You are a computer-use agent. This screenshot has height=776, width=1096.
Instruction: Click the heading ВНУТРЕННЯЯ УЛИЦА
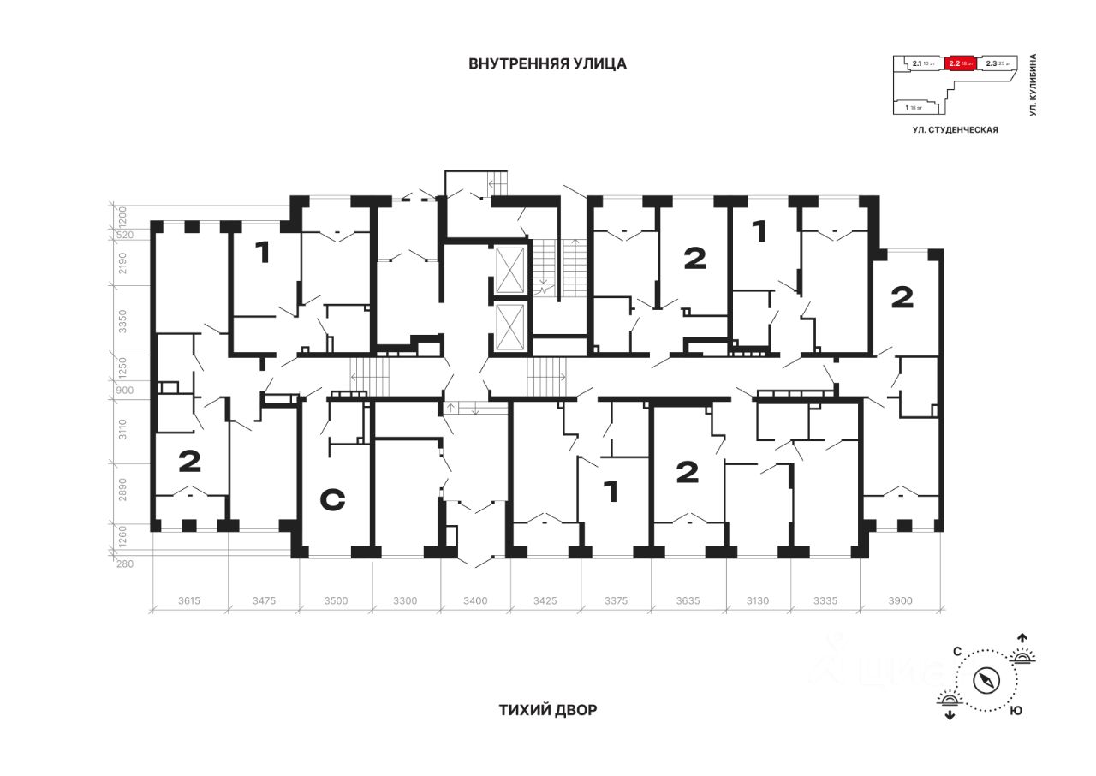[x=547, y=63]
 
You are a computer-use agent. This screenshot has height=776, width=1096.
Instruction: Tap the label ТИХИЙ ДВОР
[x=547, y=710]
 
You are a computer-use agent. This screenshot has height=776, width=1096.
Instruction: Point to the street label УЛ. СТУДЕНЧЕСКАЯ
[x=956, y=129]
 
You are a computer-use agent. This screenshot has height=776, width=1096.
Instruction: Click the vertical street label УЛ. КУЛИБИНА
[x=1033, y=85]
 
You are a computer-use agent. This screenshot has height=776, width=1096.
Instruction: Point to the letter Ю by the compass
[x=1015, y=711]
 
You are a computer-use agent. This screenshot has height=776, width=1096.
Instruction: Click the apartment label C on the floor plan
[x=332, y=499]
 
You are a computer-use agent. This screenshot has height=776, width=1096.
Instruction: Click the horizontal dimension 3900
[x=901, y=600]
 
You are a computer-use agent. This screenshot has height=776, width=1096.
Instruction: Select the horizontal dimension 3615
[x=189, y=600]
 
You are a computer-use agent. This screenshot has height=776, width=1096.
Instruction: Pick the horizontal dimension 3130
[x=758, y=600]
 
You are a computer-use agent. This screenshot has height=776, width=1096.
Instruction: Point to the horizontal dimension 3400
[x=475, y=600]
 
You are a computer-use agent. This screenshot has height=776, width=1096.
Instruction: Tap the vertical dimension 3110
[x=122, y=429]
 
